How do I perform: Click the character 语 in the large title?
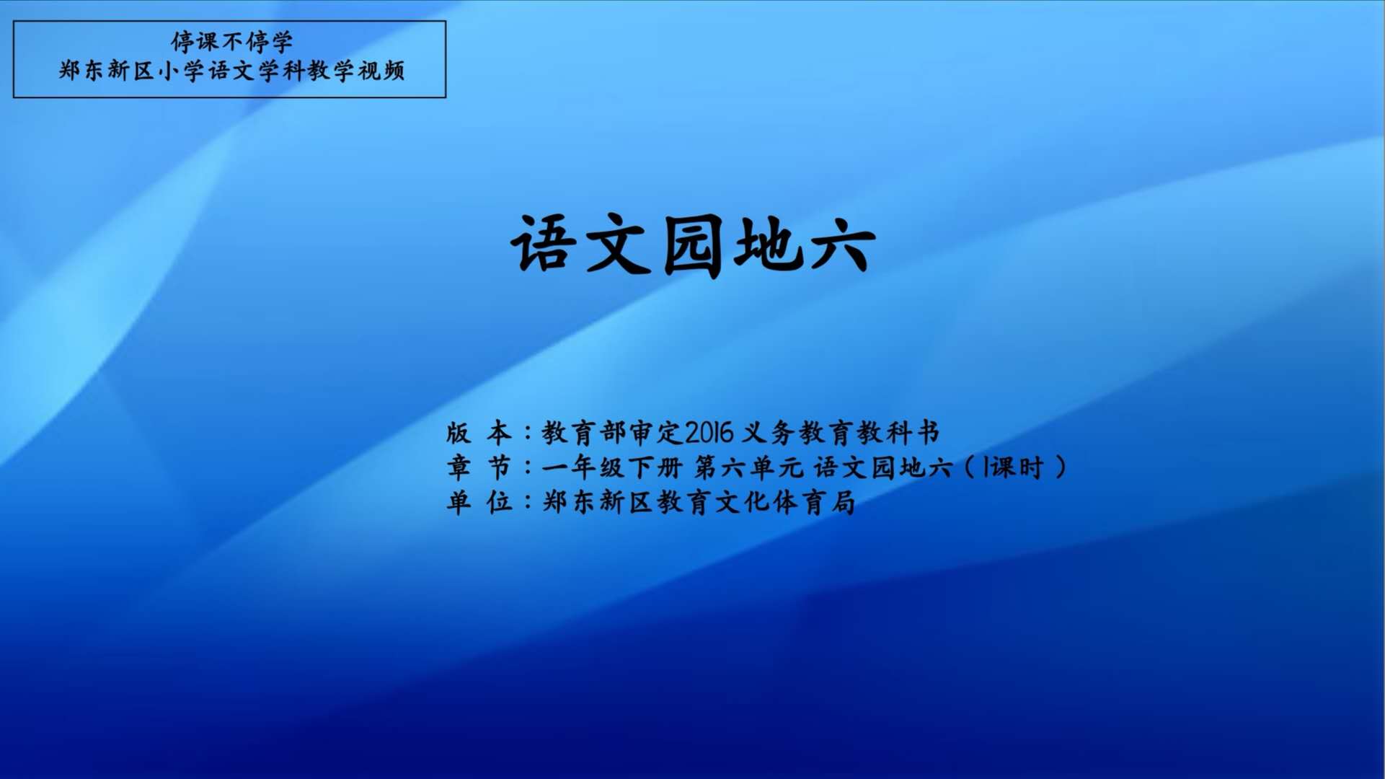point(544,245)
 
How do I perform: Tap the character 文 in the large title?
point(619,245)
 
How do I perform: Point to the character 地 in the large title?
point(768,245)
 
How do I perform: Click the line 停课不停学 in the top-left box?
point(231,42)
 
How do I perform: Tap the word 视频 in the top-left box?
point(382,71)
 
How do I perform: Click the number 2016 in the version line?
point(709,432)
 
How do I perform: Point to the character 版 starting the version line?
point(459,432)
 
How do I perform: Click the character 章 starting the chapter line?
point(459,467)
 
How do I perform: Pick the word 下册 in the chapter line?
point(655,467)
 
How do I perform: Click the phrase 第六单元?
point(749,467)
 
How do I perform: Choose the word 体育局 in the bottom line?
point(814,502)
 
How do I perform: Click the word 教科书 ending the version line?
point(898,432)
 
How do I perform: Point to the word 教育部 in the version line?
point(584,432)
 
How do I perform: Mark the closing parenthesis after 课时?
point(1060,467)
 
